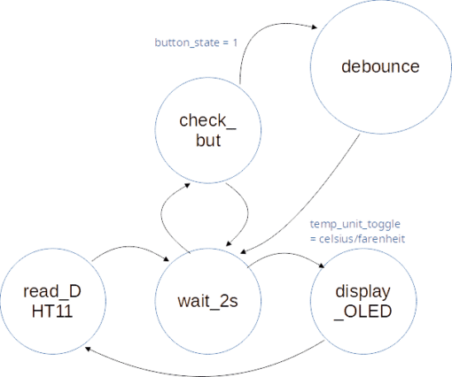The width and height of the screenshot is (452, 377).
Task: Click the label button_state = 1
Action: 196,42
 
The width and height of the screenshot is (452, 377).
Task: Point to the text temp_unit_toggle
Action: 355,225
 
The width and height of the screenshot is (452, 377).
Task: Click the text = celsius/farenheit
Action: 357,239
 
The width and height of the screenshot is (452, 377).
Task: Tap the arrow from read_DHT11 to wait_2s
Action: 130,247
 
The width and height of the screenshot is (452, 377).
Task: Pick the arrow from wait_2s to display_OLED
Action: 285,253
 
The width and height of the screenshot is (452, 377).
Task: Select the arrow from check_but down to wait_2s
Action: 247,213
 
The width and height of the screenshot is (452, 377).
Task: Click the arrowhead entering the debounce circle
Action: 314,27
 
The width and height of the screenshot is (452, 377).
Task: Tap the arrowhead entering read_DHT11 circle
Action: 88,350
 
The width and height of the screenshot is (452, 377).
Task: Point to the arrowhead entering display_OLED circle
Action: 322,265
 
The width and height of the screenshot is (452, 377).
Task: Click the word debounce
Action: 380,66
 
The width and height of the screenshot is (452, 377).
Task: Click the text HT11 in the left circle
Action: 52,312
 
